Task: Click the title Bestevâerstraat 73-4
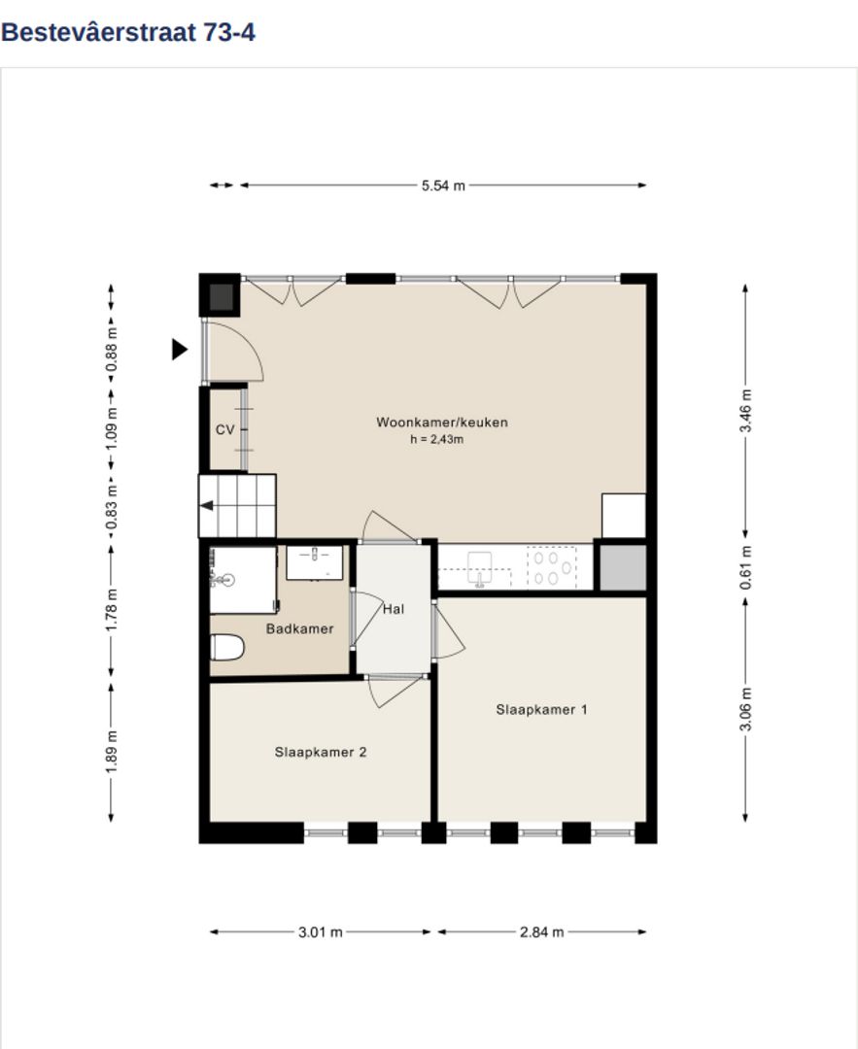click(128, 32)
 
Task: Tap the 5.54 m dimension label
click(443, 186)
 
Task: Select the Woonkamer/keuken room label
click(442, 423)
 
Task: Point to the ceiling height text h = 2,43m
click(436, 440)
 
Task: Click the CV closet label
click(224, 429)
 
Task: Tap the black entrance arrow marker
click(180, 350)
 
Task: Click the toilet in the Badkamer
click(227, 647)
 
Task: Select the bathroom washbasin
click(315, 562)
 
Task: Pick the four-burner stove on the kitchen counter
click(552, 567)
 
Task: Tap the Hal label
click(394, 609)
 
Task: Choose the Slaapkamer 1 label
click(541, 709)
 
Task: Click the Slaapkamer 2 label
click(321, 752)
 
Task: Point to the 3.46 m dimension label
click(745, 410)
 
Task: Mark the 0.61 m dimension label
click(745, 568)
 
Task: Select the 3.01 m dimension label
click(320, 931)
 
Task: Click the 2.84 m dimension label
click(541, 931)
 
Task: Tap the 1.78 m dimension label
click(112, 609)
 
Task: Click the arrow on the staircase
click(207, 506)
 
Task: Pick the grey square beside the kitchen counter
click(623, 568)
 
